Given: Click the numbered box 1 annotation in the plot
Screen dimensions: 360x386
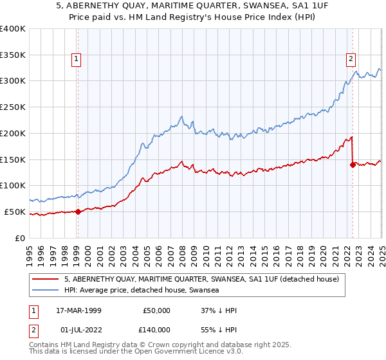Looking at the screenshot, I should point(77,60).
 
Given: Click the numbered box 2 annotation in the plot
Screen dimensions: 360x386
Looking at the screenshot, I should point(351,60).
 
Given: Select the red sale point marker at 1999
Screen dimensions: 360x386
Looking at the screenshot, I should point(78,211).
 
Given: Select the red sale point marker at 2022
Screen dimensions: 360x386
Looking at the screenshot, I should point(353,165).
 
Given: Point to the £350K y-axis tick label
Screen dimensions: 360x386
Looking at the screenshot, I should point(13,55).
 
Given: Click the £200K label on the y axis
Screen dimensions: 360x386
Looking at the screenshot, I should point(13,133).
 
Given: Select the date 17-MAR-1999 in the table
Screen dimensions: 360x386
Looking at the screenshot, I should point(82,310).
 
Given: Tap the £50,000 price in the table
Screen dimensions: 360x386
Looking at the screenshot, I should point(156,310).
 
